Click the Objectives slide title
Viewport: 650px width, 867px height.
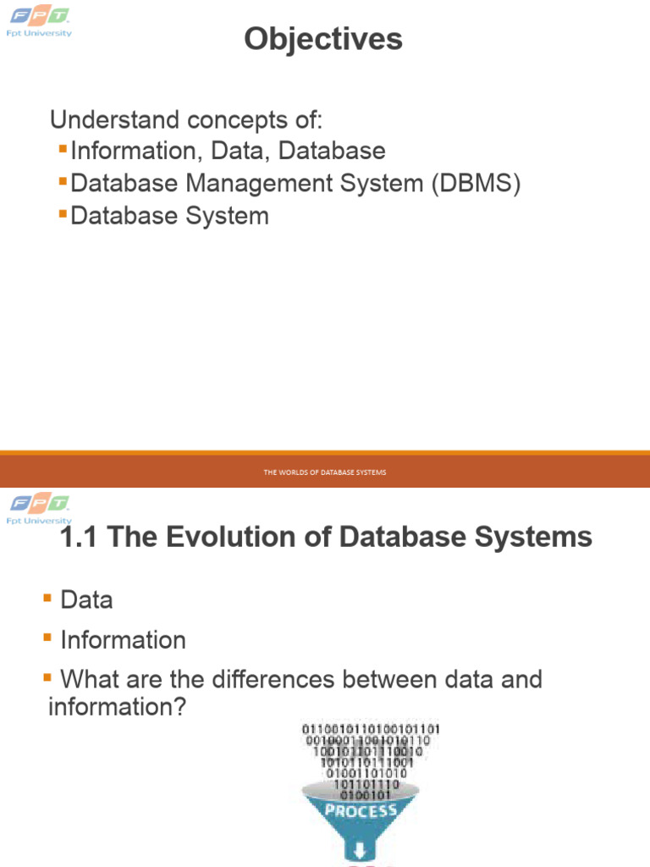323,39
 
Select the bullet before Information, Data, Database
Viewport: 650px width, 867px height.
63,150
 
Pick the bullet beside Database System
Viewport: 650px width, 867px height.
63,214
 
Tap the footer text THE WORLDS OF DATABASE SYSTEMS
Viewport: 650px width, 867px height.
324,472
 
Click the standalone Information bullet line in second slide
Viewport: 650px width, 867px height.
123,640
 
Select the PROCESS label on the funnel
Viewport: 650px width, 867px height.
361,809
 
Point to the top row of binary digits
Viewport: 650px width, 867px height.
371,728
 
